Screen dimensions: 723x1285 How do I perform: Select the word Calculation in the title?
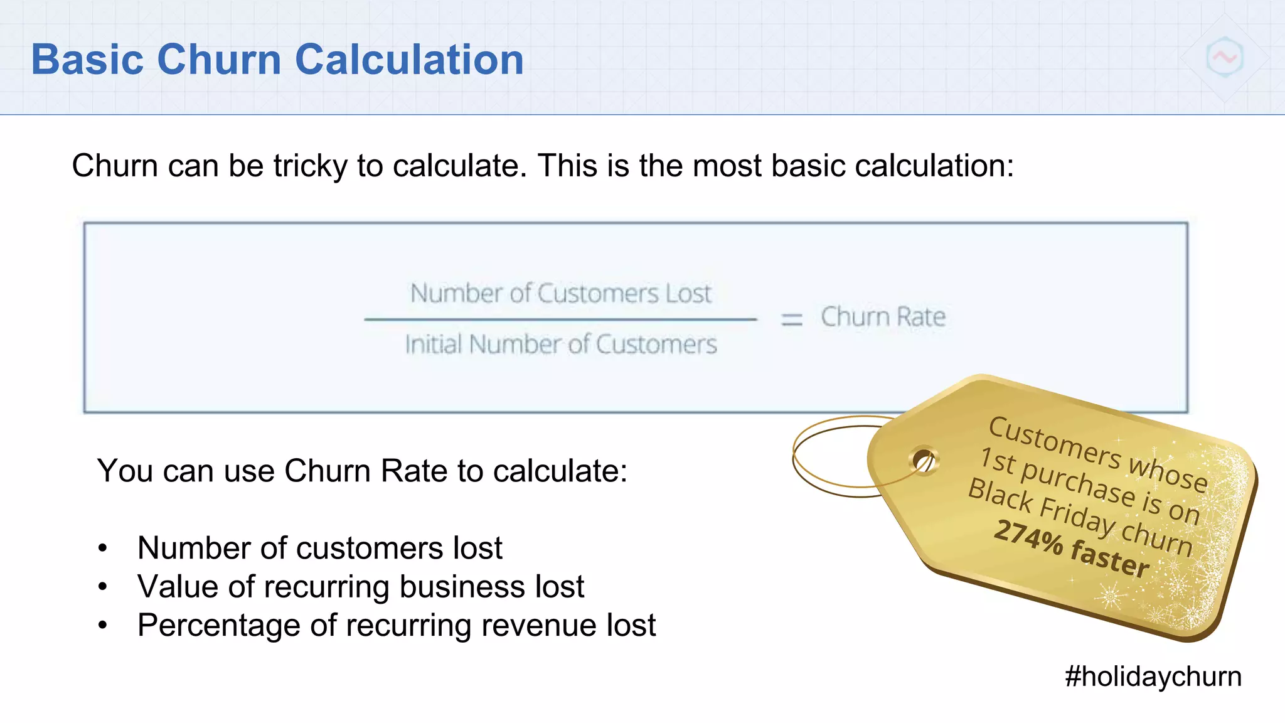tap(409, 60)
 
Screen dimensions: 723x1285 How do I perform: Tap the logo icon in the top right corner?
tap(1224, 58)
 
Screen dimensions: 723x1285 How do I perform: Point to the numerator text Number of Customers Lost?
tap(560, 294)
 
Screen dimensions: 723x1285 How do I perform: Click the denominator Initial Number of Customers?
tap(560, 345)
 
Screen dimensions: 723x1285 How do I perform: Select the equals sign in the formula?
tap(791, 319)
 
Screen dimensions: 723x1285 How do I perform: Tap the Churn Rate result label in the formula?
tap(883, 317)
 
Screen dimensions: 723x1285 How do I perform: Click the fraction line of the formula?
tap(560, 319)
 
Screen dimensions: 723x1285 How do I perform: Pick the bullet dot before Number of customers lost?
tap(103, 549)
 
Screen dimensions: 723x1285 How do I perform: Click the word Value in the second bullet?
tap(178, 587)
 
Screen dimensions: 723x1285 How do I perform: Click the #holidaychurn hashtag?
tap(1153, 677)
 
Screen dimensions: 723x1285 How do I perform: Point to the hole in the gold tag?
tap(922, 461)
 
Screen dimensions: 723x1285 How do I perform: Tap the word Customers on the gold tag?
tap(1054, 442)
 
